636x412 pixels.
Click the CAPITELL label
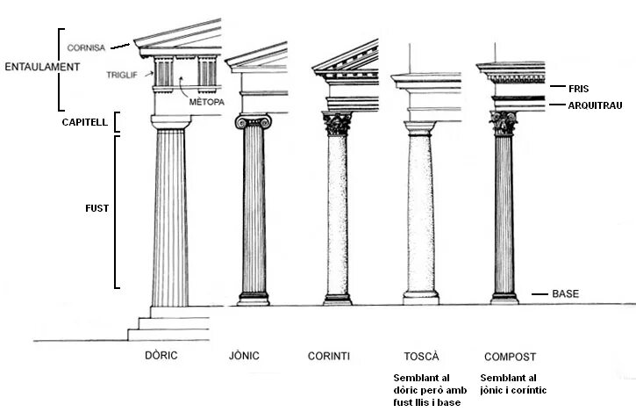(85, 122)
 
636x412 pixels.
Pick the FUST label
(96, 209)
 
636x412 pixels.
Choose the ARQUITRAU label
(594, 105)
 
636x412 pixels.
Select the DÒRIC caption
(162, 356)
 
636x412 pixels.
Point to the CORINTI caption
(328, 356)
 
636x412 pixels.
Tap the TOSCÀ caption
(420, 356)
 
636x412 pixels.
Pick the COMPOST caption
(510, 356)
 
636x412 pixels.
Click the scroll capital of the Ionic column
(253, 121)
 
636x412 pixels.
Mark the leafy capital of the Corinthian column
(337, 124)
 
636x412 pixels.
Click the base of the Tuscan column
(421, 297)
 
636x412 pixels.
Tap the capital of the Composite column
(504, 123)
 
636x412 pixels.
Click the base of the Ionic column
(254, 299)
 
